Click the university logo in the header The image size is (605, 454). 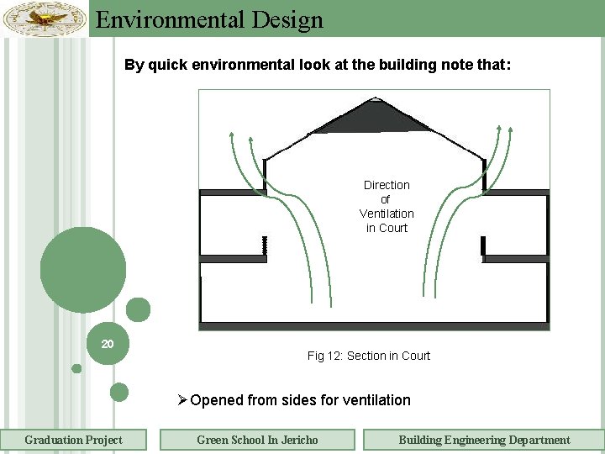tap(45, 18)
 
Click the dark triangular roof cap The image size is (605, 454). tap(371, 118)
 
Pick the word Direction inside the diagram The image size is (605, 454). tap(387, 185)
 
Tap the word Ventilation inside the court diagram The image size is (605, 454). tap(387, 214)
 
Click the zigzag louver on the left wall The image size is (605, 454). tap(264, 245)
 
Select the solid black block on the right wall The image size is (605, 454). tap(483, 245)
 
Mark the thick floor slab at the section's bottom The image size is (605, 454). tap(374, 325)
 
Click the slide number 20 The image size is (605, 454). tap(108, 344)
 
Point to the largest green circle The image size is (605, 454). tap(83, 271)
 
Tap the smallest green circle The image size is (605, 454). tap(76, 368)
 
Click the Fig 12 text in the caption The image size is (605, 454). tap(324, 356)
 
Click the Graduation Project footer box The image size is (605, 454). tap(73, 440)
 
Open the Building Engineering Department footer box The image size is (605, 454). tap(483, 440)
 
